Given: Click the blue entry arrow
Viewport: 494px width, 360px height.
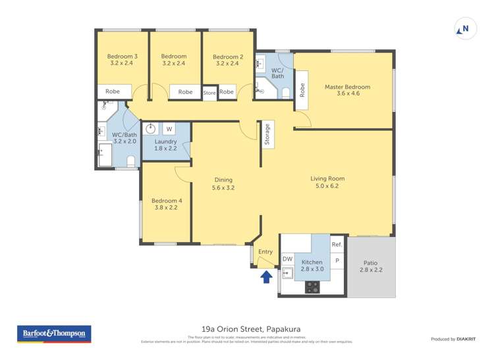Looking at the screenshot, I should click(x=266, y=276).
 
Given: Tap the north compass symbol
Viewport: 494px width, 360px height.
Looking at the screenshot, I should click(x=464, y=29).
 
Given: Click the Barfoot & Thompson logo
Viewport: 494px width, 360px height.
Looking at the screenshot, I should click(x=53, y=334).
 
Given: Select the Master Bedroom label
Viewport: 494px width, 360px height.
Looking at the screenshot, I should click(x=347, y=90).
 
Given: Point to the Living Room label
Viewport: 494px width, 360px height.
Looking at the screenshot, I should click(x=327, y=182).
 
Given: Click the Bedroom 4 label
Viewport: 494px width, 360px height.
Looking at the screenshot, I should click(x=166, y=204).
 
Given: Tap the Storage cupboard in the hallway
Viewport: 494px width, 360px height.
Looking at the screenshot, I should click(x=267, y=134).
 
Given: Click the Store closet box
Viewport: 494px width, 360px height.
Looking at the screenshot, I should click(x=209, y=93).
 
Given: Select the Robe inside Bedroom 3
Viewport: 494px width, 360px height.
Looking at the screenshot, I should click(x=113, y=92).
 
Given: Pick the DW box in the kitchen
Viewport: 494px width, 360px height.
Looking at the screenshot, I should click(x=287, y=260).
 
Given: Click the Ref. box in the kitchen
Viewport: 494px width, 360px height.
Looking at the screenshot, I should click(x=337, y=245).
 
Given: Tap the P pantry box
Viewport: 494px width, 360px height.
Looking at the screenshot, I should click(x=337, y=261).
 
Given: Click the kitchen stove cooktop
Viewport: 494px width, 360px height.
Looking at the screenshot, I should click(x=312, y=287).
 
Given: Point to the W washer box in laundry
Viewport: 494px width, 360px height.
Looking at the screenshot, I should click(x=169, y=129).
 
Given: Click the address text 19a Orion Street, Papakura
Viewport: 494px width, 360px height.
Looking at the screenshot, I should click(x=246, y=329).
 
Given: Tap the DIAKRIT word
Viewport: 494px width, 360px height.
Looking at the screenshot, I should click(x=467, y=339).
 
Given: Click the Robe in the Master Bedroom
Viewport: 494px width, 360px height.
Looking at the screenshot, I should click(x=302, y=90).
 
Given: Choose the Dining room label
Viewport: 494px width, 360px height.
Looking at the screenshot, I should click(x=223, y=184).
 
